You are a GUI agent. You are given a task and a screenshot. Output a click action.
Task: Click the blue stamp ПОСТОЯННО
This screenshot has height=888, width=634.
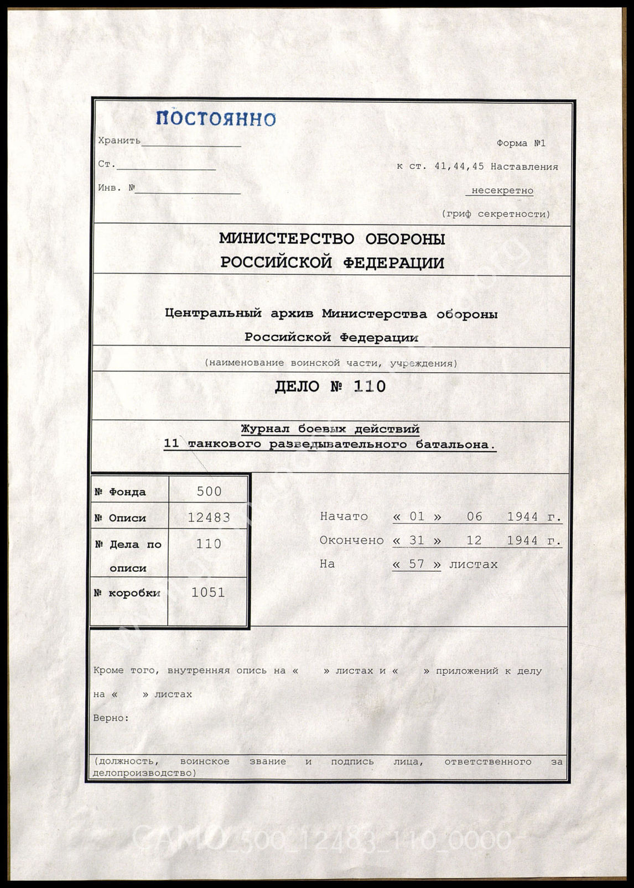coord(216,118)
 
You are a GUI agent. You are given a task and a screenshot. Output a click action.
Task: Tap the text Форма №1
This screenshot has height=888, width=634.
coord(521,143)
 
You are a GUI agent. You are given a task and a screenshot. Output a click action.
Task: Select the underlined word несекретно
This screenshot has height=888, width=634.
coord(502,191)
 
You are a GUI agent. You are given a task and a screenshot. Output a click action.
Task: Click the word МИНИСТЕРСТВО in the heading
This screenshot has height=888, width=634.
coord(286,239)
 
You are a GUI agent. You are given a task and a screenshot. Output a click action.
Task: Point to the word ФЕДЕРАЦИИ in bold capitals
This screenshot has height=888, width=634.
coord(393,263)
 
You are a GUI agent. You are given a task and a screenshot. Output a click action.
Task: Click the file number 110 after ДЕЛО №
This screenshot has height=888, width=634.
coord(370,386)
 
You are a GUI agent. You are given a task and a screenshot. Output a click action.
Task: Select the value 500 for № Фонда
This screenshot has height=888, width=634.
coord(209,492)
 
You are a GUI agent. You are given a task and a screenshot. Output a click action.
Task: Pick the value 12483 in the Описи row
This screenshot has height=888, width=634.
coord(209,518)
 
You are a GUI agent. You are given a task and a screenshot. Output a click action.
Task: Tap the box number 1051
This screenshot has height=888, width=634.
coord(208,593)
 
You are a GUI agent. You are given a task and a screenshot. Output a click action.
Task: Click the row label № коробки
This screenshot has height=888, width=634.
coord(127,593)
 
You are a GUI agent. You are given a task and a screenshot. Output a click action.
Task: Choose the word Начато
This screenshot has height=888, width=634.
coord(344,516)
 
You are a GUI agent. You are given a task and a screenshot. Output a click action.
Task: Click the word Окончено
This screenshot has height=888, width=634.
coord(351,540)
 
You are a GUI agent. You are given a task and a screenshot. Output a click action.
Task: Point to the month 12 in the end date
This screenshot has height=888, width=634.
coord(474,540)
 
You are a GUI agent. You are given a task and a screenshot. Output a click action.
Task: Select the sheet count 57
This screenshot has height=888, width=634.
coord(416,565)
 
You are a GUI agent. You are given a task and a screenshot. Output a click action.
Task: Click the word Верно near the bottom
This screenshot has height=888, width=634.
coord(111,718)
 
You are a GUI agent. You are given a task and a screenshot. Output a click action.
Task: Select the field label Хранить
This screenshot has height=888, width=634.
coord(119,140)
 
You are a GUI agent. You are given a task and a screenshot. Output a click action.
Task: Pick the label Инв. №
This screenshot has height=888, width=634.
coord(116,188)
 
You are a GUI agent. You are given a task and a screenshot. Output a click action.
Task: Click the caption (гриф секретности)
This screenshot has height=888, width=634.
coord(496,214)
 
